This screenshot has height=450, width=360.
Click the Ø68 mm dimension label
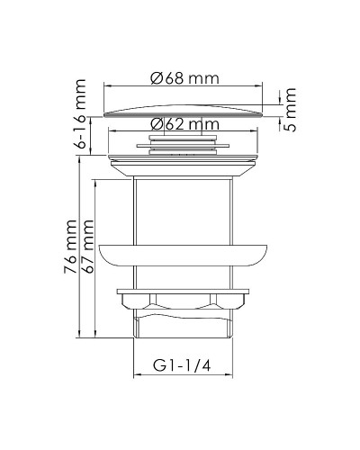[x=184, y=78]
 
